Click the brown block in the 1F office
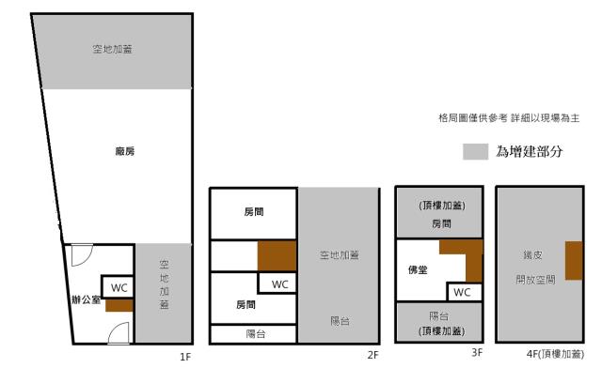pyautogui.click(x=119, y=305)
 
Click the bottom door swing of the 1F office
pyautogui.click(x=117, y=332)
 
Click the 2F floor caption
pyautogui.click(x=372, y=356)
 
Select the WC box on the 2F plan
pyautogui.click(x=279, y=284)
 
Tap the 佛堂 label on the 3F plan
pyautogui.click(x=418, y=270)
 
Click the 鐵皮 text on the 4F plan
pyautogui.click(x=531, y=254)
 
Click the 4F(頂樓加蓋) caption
pyautogui.click(x=552, y=355)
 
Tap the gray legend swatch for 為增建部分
pyautogui.click(x=475, y=151)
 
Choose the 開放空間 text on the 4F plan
pyautogui.click(x=534, y=280)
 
